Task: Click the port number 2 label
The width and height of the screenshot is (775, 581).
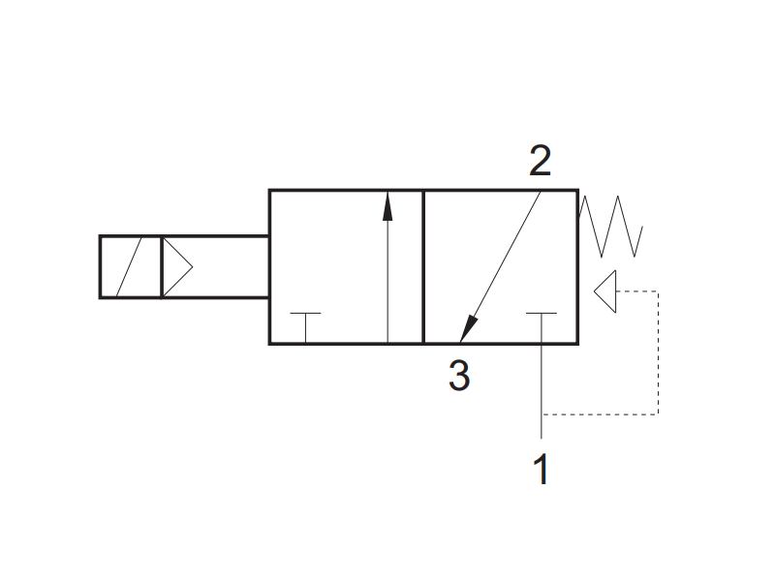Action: click(x=540, y=160)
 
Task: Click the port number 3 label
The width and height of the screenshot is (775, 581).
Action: click(x=459, y=376)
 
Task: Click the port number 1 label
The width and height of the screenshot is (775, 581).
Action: click(x=542, y=469)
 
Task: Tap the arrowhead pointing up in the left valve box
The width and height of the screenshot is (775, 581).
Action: click(x=387, y=206)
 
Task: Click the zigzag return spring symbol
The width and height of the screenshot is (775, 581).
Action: click(x=610, y=227)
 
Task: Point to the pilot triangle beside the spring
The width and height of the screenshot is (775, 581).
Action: click(x=604, y=291)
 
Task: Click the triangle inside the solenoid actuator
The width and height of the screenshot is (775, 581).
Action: click(x=178, y=267)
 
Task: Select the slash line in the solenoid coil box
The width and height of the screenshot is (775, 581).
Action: click(x=129, y=267)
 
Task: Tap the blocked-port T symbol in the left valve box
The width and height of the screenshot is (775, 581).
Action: click(x=305, y=326)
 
